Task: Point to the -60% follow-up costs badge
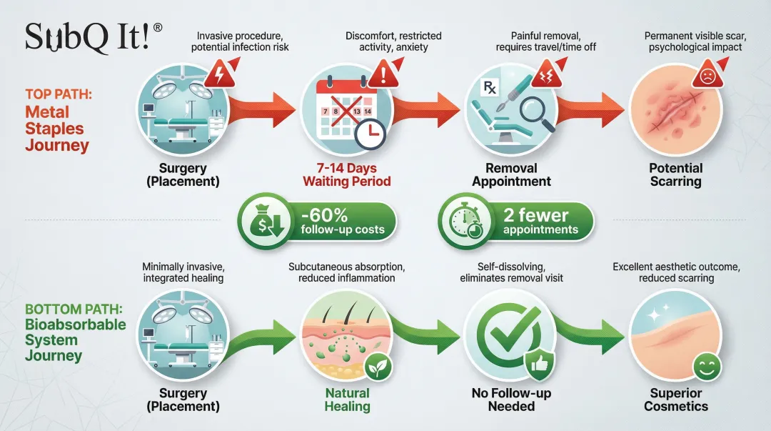(x=317, y=222)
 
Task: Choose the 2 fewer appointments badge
(x=515, y=222)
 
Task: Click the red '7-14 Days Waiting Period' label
(x=347, y=174)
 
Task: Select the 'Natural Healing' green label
(x=348, y=400)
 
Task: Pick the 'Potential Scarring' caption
(x=675, y=174)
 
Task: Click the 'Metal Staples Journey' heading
(x=57, y=129)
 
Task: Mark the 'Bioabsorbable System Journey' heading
(x=75, y=340)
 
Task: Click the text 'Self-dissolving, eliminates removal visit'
(x=511, y=272)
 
